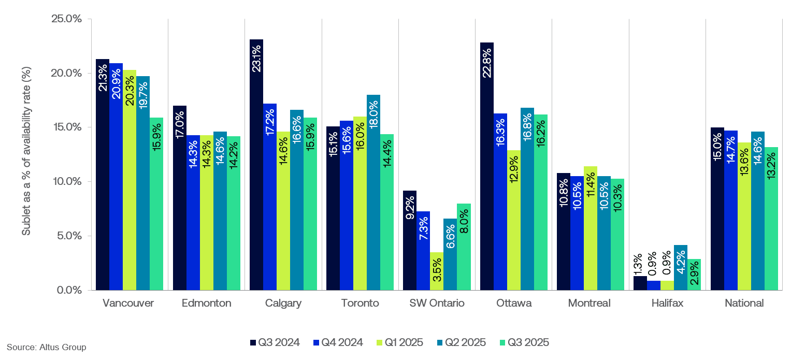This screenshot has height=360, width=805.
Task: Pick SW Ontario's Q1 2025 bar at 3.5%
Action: (x=437, y=271)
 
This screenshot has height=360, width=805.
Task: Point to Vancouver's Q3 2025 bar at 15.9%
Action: (x=156, y=207)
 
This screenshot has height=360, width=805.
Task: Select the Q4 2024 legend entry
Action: (x=338, y=342)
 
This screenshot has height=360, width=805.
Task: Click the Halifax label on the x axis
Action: (x=667, y=304)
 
